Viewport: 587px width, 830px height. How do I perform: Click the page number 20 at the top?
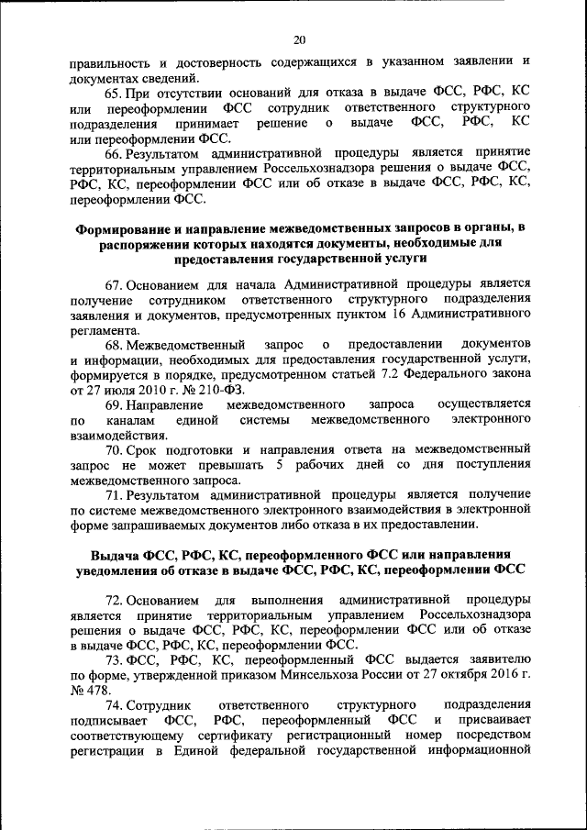point(300,39)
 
